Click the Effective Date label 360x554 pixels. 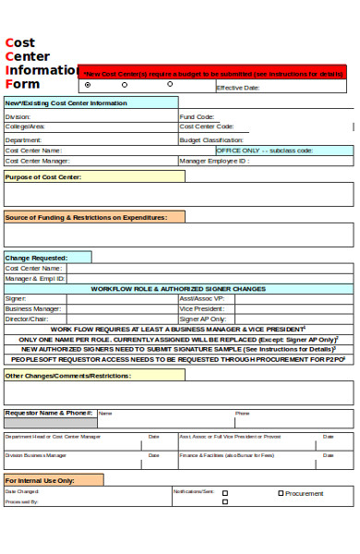[x=237, y=88]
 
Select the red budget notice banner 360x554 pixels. [x=214, y=72]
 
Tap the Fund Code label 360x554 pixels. [x=197, y=117]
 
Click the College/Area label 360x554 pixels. [x=25, y=126]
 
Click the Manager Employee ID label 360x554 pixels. [x=213, y=161]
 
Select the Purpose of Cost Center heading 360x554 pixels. [x=43, y=176]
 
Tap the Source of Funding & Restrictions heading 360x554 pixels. [x=86, y=217]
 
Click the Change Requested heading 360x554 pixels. [x=37, y=258]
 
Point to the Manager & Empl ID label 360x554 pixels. [x=35, y=278]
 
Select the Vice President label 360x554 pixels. [x=199, y=308]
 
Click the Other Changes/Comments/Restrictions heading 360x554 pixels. [x=67, y=376]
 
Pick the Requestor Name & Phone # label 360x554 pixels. [x=48, y=413]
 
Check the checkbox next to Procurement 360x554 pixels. [x=281, y=493]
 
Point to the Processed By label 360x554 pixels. [x=21, y=501]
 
